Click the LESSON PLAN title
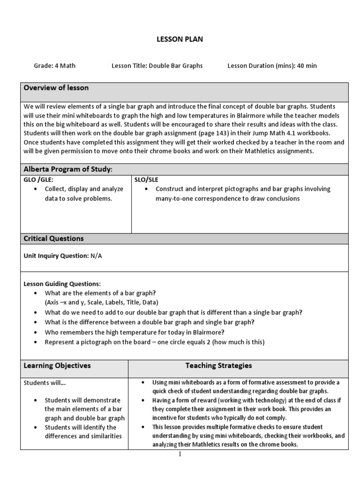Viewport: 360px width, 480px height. coord(180,39)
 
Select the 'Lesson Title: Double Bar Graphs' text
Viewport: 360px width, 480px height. coord(157,66)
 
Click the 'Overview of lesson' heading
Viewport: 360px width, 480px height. coord(56,88)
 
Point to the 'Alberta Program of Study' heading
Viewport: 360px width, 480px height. coord(68,169)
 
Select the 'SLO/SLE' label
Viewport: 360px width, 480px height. coord(147,180)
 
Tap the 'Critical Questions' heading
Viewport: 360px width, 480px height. coord(53,238)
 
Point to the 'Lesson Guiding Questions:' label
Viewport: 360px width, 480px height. coord(62,284)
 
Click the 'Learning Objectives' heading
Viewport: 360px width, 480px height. coord(57,365)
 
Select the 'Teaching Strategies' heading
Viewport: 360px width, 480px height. coord(218,365)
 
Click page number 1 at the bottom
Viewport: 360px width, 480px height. coord(180,454)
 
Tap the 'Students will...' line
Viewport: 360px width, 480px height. coord(45,382)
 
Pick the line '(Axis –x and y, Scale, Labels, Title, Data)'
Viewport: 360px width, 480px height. coord(101,302)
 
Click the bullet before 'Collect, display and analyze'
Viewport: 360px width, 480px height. coord(36,189)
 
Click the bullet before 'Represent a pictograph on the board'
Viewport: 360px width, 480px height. coord(36,342)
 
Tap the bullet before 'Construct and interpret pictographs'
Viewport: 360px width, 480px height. coord(147,189)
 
